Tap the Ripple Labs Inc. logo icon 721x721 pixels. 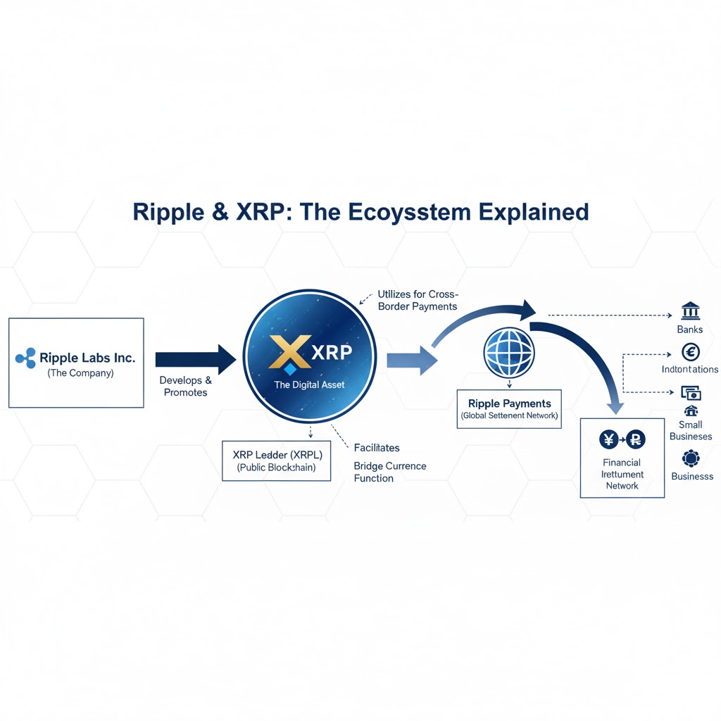[x=25, y=358]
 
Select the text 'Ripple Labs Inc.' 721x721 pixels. [x=87, y=358]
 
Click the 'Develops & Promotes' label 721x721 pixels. [x=185, y=386]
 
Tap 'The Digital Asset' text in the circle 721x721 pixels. [x=309, y=385]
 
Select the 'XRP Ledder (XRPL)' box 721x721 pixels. [x=276, y=460]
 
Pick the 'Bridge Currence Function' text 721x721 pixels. [x=389, y=472]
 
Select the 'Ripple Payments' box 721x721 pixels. [x=509, y=409]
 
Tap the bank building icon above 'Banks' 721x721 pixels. [x=689, y=311]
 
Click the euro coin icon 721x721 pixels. [x=691, y=351]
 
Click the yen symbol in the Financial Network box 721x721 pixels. [x=608, y=439]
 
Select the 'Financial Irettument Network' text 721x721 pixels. [x=622, y=474]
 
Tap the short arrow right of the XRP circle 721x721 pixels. [x=411, y=361]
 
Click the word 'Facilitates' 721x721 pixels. [x=377, y=448]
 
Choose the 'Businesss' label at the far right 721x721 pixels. [x=692, y=476]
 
